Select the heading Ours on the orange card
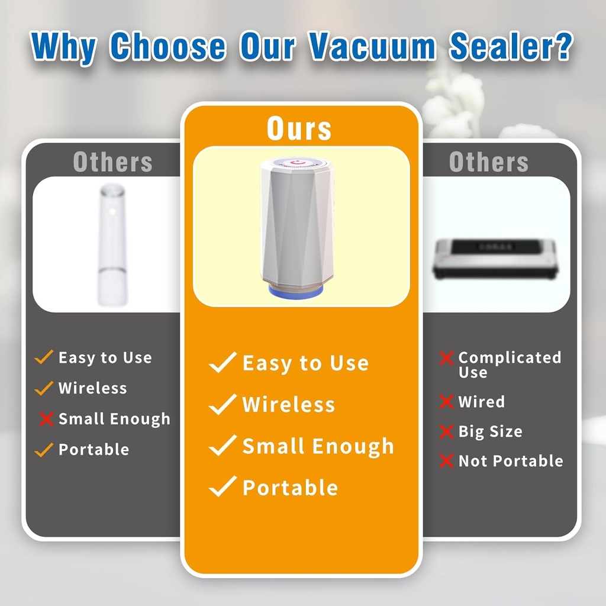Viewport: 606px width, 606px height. (x=299, y=128)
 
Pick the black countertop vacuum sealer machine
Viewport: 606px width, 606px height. (x=496, y=258)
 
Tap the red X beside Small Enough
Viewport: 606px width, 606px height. (x=46, y=419)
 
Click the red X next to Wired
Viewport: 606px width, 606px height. (x=446, y=402)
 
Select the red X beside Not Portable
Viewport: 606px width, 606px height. (x=446, y=461)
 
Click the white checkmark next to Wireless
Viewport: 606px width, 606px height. (x=223, y=405)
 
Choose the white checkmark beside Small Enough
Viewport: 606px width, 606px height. (x=223, y=446)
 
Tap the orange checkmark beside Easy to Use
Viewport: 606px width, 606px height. (x=44, y=357)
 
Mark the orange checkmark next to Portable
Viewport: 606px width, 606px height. (x=44, y=450)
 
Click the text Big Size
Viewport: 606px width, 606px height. (x=490, y=431)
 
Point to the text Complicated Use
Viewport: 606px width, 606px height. (x=509, y=365)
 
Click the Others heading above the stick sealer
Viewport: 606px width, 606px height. (x=112, y=162)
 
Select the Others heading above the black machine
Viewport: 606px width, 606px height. (x=488, y=162)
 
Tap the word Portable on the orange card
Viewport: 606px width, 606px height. (x=290, y=488)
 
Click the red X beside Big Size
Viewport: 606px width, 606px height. (x=446, y=431)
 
